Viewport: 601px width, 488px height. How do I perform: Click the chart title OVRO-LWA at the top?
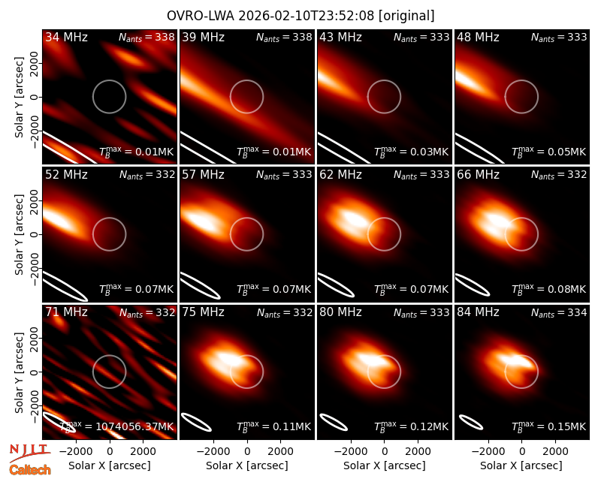201,16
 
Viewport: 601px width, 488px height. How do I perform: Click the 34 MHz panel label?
66,37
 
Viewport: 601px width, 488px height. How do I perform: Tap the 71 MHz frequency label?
66,312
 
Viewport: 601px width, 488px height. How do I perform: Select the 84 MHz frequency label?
478,312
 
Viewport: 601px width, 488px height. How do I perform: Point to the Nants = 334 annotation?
559,312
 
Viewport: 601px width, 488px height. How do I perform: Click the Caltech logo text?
30,470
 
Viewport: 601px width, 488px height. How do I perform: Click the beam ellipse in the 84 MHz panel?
471,423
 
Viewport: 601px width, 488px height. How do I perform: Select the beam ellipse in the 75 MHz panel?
196,422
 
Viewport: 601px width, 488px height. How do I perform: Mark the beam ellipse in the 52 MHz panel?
65,286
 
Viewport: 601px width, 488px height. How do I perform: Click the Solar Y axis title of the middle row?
20,234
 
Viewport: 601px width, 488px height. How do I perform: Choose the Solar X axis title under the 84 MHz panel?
521,465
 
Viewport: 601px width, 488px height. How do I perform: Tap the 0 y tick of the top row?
35,97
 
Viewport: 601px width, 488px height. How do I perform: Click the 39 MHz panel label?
203,37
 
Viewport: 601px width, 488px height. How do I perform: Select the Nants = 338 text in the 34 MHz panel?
146,38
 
